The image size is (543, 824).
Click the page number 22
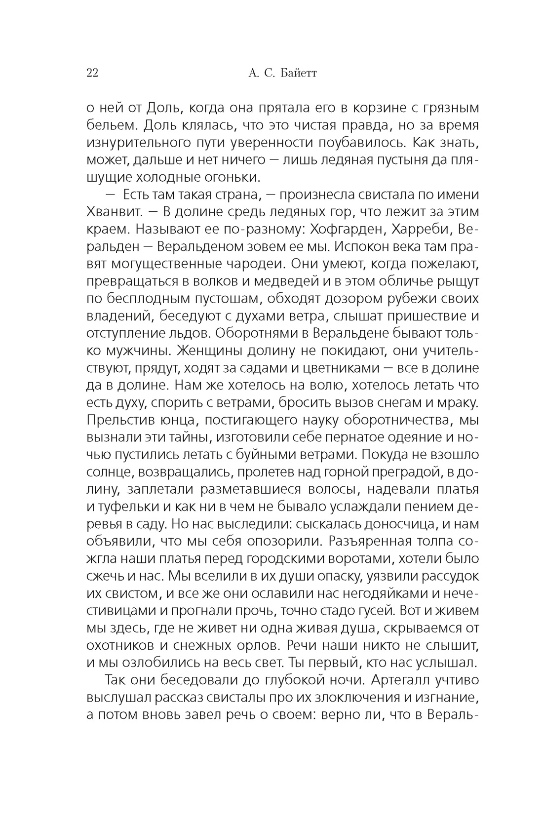tap(92, 74)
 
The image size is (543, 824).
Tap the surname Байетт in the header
tap(298, 74)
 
